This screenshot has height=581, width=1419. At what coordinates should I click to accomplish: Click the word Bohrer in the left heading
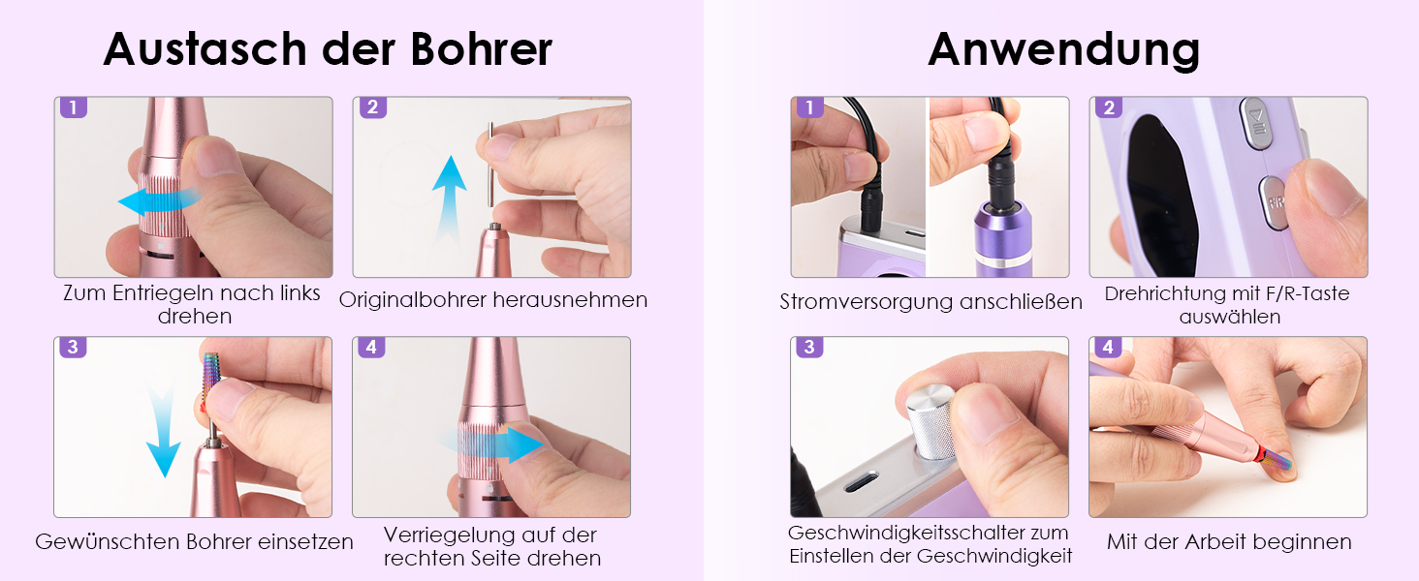482,49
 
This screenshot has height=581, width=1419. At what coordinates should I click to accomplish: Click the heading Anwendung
1063,50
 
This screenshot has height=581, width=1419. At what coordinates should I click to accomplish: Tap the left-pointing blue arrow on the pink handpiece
158,201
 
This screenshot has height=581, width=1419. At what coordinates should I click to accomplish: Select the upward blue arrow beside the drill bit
449,199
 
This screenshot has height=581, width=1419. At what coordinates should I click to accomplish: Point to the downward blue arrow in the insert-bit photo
164,430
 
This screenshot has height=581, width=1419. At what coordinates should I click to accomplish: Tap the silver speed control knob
930,420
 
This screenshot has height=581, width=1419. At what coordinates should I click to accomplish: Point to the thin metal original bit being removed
490,165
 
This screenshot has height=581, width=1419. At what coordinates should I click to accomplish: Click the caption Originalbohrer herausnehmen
492,300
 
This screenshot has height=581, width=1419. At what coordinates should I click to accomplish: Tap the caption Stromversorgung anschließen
930,301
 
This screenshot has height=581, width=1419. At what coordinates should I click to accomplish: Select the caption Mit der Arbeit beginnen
1229,541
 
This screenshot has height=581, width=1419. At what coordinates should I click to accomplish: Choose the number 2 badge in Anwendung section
1109,107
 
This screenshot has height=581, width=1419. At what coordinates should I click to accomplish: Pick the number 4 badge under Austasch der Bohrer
371,347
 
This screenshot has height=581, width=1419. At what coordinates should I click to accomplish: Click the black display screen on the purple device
1159,197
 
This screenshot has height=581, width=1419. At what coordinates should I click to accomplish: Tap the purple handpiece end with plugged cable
1002,237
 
